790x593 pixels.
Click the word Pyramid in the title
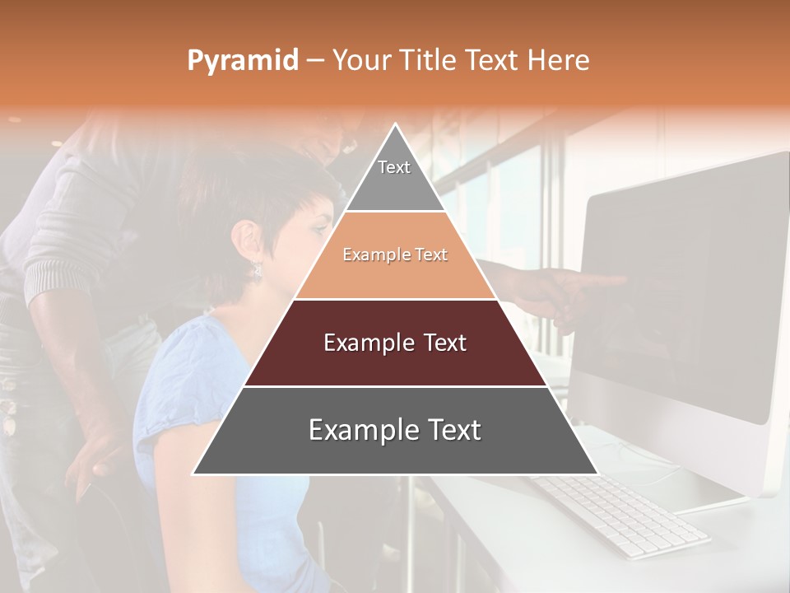pos(242,61)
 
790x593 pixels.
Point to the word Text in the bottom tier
pos(448,430)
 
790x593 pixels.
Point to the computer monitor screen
pos(675,288)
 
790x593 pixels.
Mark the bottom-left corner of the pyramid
pos(194,474)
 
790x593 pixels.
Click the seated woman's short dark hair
pos(247,198)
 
